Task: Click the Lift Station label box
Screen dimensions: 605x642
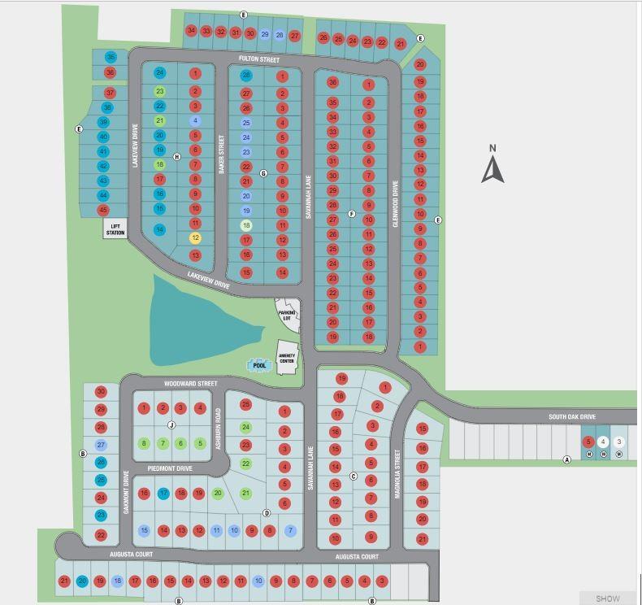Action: point(115,229)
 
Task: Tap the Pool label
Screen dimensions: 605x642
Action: point(260,366)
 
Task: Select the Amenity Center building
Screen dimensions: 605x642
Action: point(288,359)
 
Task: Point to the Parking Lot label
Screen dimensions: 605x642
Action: point(286,316)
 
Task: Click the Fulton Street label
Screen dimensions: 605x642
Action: point(258,59)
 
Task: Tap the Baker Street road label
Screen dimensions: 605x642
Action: point(220,150)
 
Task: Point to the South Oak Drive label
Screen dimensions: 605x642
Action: point(571,417)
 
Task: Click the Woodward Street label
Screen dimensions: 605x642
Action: point(191,383)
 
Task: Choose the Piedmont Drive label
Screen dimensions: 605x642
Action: point(170,468)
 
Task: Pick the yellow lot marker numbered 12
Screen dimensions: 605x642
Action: point(195,238)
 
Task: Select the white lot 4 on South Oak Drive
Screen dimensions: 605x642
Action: point(603,442)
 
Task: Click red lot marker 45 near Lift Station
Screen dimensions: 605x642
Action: point(103,210)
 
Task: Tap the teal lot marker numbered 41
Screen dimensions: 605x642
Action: point(103,151)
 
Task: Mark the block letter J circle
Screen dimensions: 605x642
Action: point(171,425)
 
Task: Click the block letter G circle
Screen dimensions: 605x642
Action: point(263,173)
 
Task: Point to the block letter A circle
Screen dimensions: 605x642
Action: point(567,459)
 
